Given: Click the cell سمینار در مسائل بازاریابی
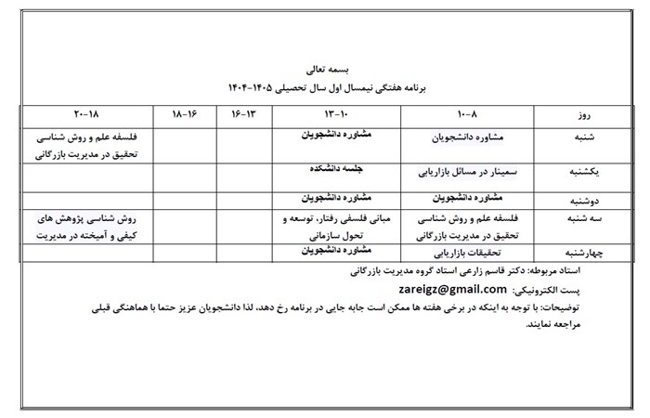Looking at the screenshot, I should (x=468, y=173).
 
